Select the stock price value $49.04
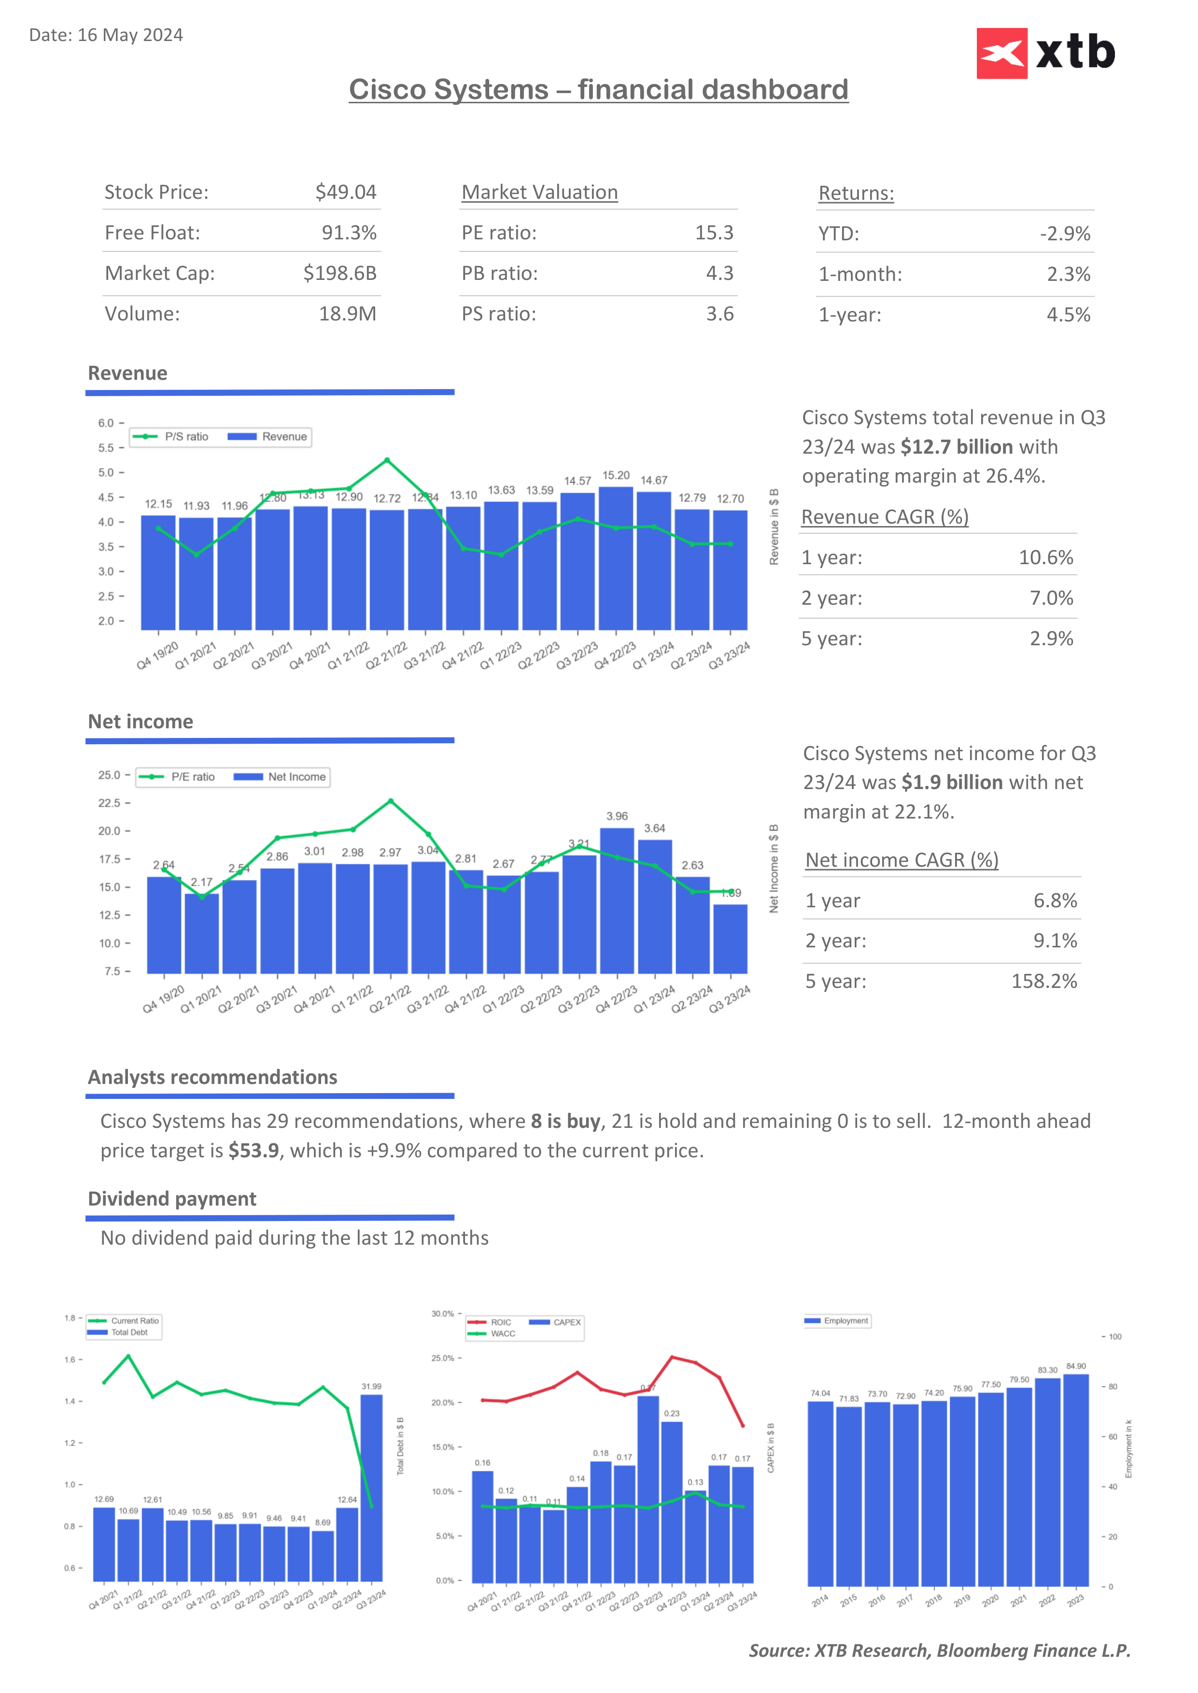(345, 193)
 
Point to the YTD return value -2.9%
(1064, 234)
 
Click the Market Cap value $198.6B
(339, 274)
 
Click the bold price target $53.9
(253, 1151)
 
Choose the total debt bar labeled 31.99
(371, 1487)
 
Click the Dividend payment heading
(172, 1199)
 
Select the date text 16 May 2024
(130, 35)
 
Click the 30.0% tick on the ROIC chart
(443, 1314)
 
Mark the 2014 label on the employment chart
(819, 1601)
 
